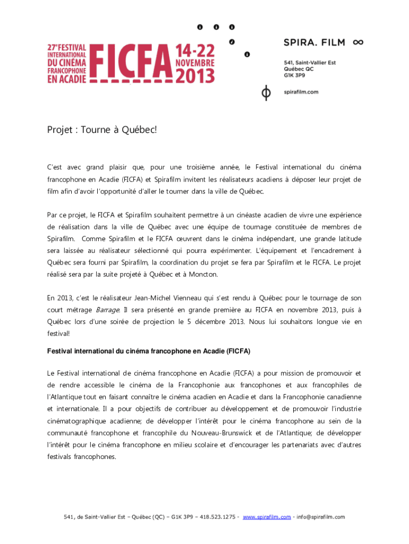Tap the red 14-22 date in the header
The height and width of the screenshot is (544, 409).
[x=194, y=51]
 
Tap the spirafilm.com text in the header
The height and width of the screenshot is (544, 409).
[x=301, y=92]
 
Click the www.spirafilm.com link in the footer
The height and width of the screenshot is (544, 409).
[x=267, y=516]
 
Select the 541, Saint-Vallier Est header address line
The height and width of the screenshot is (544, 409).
[x=310, y=62]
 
